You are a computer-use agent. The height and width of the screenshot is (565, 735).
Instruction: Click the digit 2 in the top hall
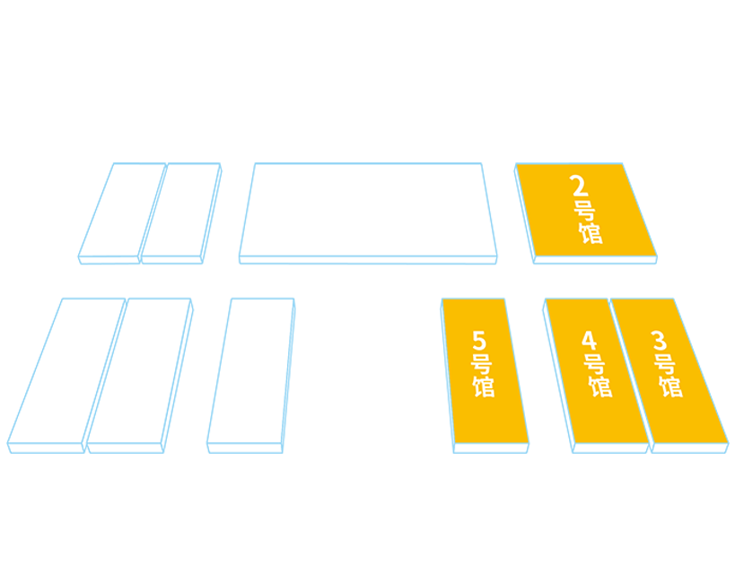[x=580, y=187]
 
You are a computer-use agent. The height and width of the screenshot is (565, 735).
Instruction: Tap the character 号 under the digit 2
[x=584, y=212]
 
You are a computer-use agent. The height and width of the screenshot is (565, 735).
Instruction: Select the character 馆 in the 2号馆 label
[x=591, y=234]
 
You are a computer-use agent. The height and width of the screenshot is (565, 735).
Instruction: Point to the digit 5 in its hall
[x=478, y=341]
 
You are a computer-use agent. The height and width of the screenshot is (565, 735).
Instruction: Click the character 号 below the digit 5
[x=481, y=365]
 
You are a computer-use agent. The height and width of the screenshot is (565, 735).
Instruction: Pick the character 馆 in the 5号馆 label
[x=484, y=387]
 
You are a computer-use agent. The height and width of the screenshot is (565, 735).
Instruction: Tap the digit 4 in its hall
[x=589, y=341]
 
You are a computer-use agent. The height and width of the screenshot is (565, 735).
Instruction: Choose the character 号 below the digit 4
[x=593, y=365]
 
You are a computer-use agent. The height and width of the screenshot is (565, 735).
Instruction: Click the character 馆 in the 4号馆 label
[x=599, y=387]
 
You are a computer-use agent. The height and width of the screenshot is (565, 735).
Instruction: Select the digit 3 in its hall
[x=660, y=341]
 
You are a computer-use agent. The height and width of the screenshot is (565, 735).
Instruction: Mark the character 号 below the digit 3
[x=664, y=365]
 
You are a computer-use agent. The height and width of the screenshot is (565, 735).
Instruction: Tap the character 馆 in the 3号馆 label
[x=670, y=387]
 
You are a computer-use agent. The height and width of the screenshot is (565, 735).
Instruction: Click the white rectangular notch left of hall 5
[x=368, y=386]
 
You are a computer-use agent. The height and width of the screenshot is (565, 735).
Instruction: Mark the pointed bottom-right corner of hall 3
[x=723, y=439]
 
